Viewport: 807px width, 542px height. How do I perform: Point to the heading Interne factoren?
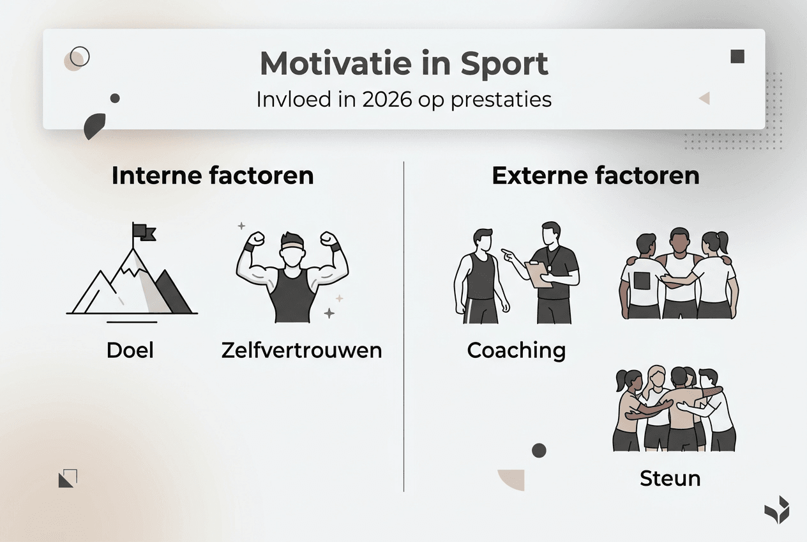pos(213,176)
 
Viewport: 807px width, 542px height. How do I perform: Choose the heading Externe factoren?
pos(595,176)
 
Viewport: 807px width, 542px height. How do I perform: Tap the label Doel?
pos(130,350)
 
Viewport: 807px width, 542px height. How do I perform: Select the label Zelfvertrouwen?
pos(301,350)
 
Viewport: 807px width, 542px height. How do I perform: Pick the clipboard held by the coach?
pos(538,274)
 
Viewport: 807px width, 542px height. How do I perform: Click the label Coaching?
pos(516,350)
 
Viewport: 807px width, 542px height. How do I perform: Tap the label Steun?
pos(670,478)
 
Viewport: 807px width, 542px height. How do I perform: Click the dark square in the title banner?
pos(737,56)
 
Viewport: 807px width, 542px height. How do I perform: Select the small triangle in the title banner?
pos(704,98)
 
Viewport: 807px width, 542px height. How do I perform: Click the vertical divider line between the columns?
pos(404,326)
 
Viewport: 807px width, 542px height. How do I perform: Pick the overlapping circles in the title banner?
pos(77,58)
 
